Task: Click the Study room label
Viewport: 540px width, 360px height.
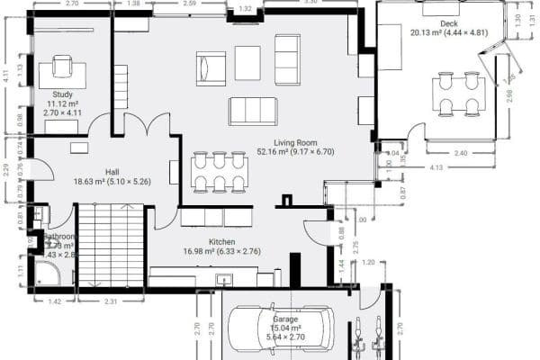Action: click(x=62, y=94)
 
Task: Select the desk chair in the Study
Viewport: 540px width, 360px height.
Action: click(x=62, y=66)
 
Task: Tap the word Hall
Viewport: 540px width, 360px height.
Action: click(x=112, y=171)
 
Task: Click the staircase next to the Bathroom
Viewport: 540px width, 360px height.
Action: click(x=111, y=245)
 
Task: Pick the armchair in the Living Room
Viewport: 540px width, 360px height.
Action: click(x=211, y=67)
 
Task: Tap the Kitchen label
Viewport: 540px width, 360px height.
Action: click(x=222, y=242)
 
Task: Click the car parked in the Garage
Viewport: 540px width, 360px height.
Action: click(x=280, y=329)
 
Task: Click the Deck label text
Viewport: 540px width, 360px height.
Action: click(x=449, y=23)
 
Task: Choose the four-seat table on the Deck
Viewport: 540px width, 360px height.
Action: click(x=458, y=94)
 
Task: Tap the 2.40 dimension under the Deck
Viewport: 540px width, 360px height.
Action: click(x=461, y=153)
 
